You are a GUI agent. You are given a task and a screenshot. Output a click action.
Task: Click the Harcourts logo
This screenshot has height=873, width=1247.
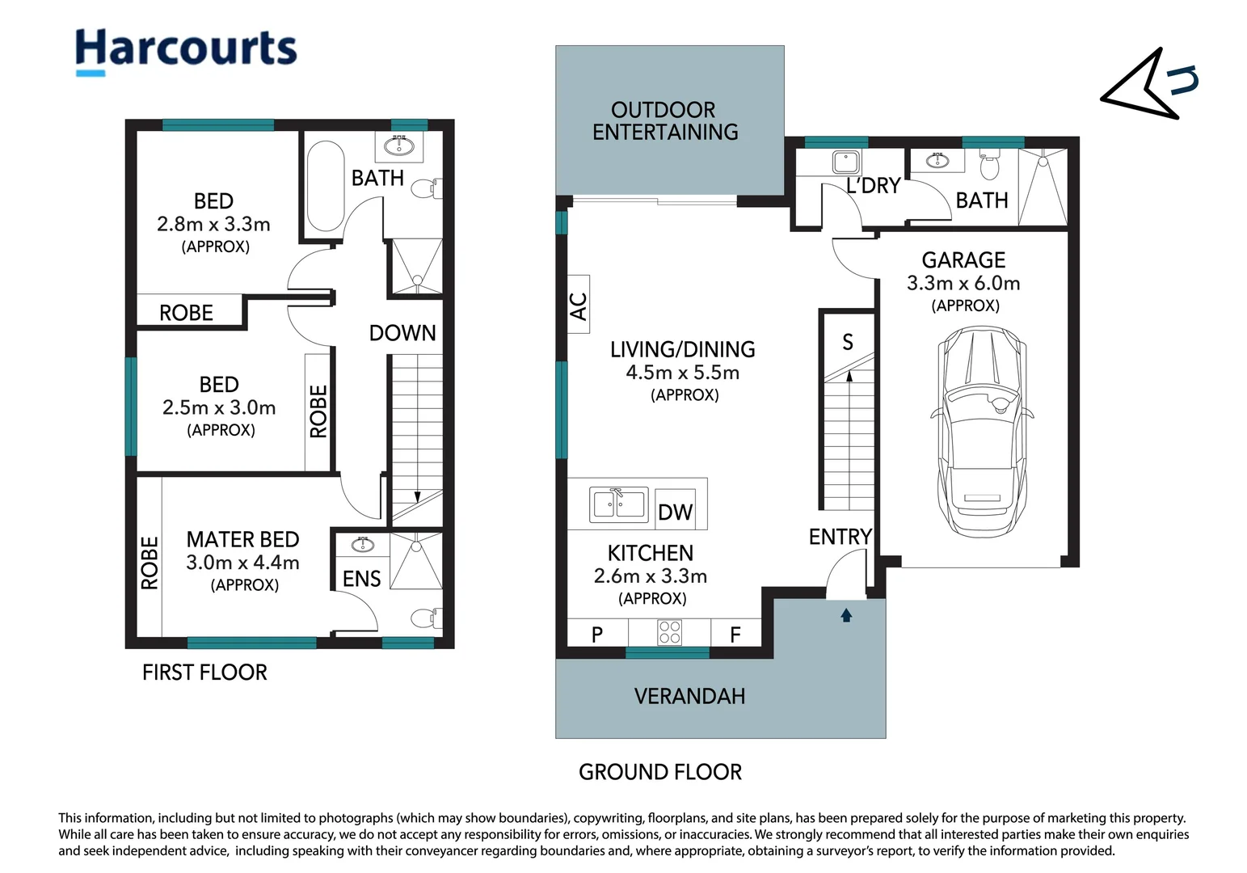(x=186, y=51)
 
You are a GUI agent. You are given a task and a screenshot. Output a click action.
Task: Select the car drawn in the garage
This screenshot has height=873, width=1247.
(x=982, y=432)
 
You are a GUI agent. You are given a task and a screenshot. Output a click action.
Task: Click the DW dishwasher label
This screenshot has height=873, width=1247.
(x=676, y=512)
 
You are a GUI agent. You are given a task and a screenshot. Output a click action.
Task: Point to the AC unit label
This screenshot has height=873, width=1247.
(x=579, y=306)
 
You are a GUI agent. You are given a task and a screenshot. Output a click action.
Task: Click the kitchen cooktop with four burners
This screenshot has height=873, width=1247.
(x=669, y=632)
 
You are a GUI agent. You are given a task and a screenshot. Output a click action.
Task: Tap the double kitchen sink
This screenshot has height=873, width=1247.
(x=619, y=504)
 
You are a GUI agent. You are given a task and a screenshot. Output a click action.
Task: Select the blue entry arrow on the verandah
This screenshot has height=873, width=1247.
(x=846, y=614)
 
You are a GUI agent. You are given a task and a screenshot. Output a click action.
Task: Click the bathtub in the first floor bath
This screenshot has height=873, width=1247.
(x=326, y=186)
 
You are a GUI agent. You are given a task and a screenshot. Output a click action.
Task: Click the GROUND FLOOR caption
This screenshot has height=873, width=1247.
(x=660, y=772)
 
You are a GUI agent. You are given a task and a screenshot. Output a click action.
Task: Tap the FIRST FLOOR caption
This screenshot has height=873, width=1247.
(x=204, y=673)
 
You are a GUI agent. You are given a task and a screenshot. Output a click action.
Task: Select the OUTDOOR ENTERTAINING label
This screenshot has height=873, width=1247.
(x=664, y=120)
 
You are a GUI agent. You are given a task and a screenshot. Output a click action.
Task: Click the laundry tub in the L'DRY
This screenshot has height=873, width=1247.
(x=845, y=162)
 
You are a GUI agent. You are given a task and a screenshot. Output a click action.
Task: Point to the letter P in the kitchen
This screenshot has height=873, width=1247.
(x=596, y=635)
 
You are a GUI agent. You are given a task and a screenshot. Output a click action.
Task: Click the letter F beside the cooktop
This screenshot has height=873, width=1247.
(x=735, y=635)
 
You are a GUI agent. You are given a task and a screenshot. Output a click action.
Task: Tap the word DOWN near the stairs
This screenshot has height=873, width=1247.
(x=402, y=333)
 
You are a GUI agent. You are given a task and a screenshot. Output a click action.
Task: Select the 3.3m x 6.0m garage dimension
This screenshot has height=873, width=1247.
(x=963, y=284)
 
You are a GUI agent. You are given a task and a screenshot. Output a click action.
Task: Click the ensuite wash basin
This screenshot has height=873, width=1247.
(x=362, y=545)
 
